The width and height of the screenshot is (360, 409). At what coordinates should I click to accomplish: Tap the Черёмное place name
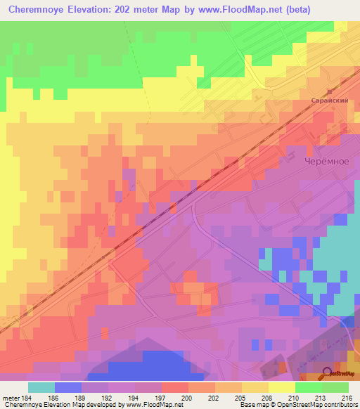tap(326, 161)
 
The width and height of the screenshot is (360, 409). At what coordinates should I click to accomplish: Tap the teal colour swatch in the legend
tap(41, 387)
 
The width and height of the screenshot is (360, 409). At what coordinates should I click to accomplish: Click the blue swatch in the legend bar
tap(68, 387)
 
